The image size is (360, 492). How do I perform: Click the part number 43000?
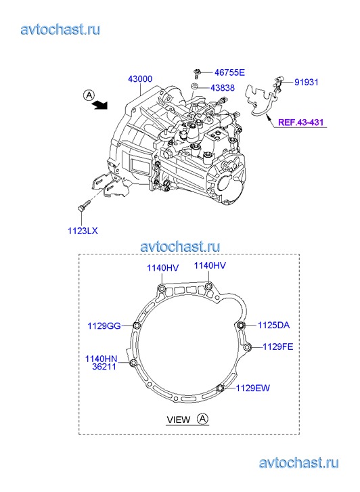click(140, 79)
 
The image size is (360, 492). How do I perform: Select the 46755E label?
click(229, 72)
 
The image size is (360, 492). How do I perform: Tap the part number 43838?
click(223, 88)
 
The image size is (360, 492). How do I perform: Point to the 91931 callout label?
click(307, 82)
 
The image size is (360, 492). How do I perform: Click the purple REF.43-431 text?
click(300, 122)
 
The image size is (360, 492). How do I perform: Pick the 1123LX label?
click(83, 231)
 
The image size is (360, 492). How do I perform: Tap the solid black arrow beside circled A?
click(100, 104)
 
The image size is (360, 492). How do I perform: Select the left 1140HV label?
click(163, 267)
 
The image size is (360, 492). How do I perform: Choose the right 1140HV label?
click(210, 265)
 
